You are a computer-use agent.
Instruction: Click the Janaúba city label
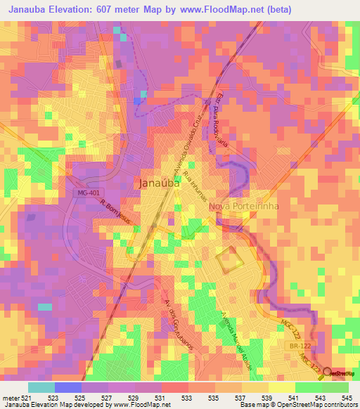157,183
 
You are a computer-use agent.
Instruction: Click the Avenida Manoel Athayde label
237,336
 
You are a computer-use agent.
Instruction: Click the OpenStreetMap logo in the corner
340,372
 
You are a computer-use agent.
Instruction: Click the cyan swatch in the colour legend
41,387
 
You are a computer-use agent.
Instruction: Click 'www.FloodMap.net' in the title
226,10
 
